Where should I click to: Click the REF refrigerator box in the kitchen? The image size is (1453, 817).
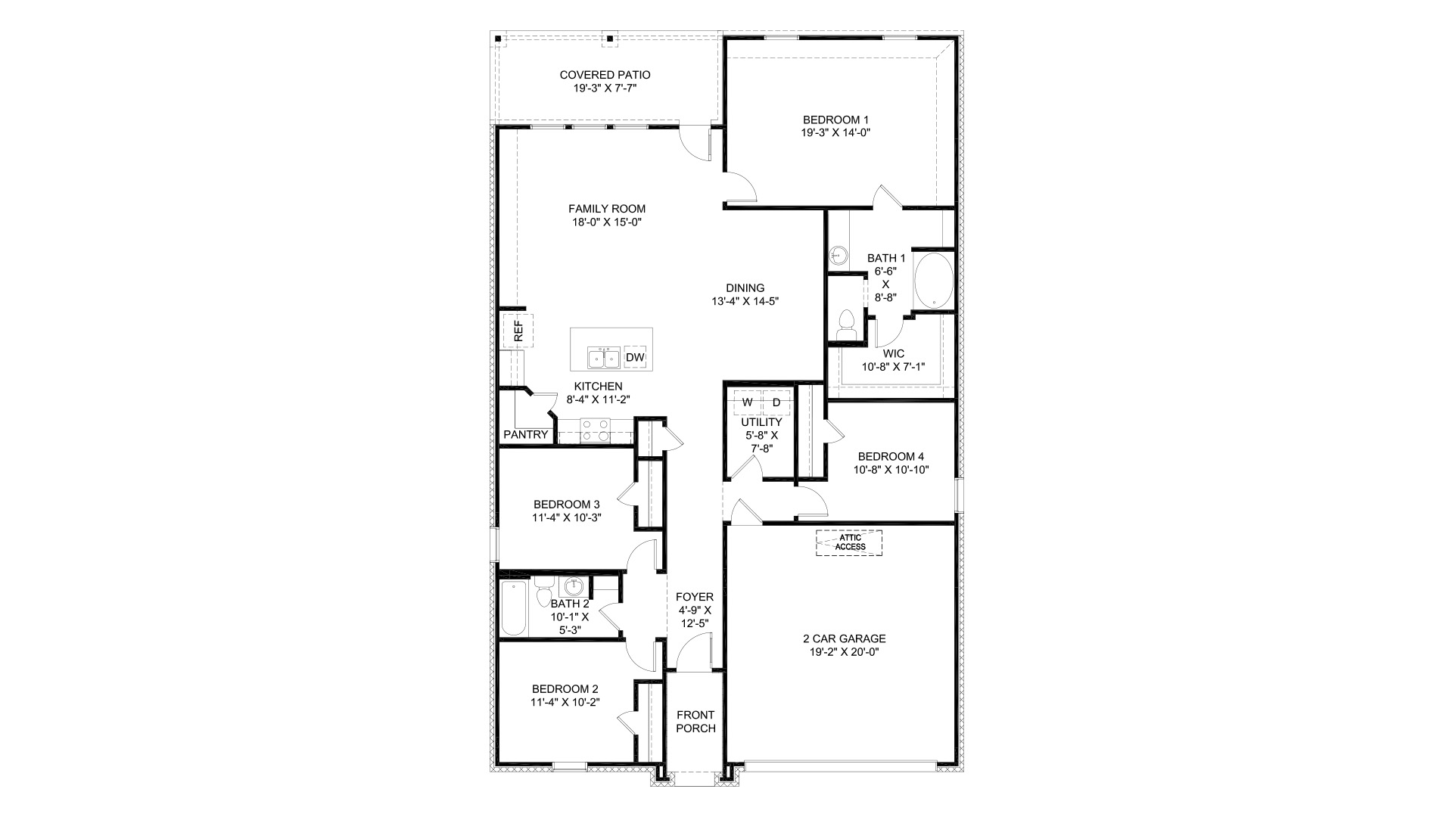518,331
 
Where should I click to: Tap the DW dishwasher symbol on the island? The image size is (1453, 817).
635,357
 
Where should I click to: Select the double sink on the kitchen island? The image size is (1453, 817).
603,357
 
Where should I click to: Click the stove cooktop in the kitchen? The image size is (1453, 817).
595,430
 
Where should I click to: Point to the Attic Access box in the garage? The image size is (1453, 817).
849,542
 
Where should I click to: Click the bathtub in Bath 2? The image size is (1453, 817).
514,609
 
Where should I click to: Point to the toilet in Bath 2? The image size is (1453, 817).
543,592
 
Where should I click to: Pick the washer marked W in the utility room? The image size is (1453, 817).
747,402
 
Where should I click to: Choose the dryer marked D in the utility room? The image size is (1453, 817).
776,402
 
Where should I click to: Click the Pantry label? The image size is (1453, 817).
525,435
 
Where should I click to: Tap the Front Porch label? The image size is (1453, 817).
695,722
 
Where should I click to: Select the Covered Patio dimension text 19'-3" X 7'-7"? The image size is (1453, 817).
605,88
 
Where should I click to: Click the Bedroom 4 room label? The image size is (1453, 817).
891,456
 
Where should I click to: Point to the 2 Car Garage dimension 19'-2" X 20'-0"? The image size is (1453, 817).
844,651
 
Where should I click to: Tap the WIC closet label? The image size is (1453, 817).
894,353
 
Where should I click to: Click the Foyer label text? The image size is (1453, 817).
695,597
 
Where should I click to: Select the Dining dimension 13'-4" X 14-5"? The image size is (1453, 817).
745,300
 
